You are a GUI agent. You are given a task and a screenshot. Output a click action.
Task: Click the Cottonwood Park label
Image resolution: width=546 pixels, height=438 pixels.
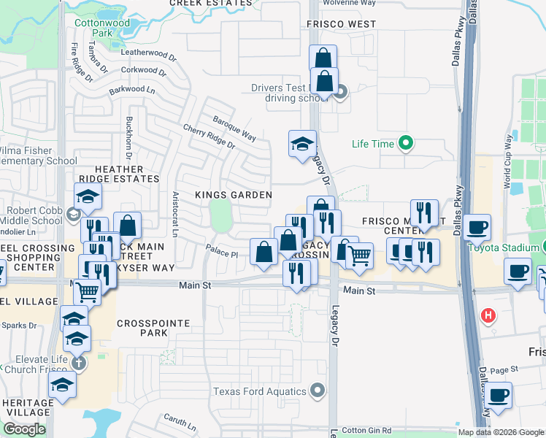[103, 28]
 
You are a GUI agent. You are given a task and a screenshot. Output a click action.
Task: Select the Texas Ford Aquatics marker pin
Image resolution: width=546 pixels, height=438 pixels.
[317, 391]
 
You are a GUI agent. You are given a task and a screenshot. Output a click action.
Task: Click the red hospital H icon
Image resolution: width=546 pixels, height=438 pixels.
[488, 315]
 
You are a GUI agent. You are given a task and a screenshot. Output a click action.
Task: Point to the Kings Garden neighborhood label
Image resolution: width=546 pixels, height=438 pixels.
[234, 195]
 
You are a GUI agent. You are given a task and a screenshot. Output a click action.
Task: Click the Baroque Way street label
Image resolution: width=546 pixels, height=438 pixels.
[234, 127]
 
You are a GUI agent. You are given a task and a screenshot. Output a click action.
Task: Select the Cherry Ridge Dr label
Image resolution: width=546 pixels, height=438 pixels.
[209, 135]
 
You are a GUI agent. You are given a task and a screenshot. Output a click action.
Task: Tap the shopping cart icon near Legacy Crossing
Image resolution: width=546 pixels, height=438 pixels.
[359, 255]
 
